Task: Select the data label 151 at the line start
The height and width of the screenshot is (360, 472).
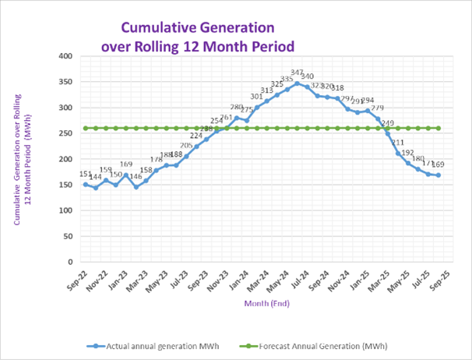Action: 85,173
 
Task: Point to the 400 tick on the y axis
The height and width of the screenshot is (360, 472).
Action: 65,56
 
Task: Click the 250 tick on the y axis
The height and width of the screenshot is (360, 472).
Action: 65,133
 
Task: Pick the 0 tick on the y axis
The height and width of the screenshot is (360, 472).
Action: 70,263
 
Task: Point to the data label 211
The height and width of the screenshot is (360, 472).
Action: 398,143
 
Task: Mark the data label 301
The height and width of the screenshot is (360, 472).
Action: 256,97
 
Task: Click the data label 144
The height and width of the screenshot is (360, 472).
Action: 96,178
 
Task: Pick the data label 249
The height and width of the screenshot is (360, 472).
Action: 388,123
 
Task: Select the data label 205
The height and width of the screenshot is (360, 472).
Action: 186,146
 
